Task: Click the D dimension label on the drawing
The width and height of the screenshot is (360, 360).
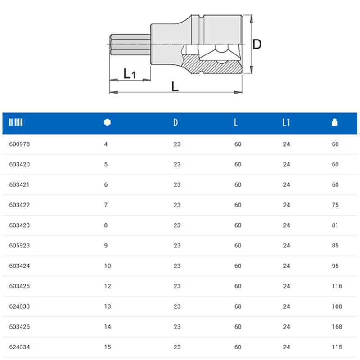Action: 256,44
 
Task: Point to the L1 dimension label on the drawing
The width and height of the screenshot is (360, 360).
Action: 130,74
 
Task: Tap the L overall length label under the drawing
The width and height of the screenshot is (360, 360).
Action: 175,85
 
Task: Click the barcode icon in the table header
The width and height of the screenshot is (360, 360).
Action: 16,122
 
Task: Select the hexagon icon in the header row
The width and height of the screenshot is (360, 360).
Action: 107,122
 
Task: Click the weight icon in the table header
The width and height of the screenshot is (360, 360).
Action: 334,122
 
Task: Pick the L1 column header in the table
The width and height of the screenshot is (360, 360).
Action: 286,122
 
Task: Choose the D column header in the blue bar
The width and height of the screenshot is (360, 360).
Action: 175,122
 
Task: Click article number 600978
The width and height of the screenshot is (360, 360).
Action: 19,144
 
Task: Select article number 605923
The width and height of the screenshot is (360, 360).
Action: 19,246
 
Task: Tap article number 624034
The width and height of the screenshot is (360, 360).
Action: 19,347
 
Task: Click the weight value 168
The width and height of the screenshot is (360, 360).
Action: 337,327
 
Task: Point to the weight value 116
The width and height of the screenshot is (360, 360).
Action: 337,286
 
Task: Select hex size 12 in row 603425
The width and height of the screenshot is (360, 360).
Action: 108,286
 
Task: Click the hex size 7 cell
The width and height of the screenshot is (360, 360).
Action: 106,205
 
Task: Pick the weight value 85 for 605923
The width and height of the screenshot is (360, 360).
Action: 335,246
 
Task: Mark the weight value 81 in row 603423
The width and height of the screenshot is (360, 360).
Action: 335,225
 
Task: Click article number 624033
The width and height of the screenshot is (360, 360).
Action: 19,306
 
